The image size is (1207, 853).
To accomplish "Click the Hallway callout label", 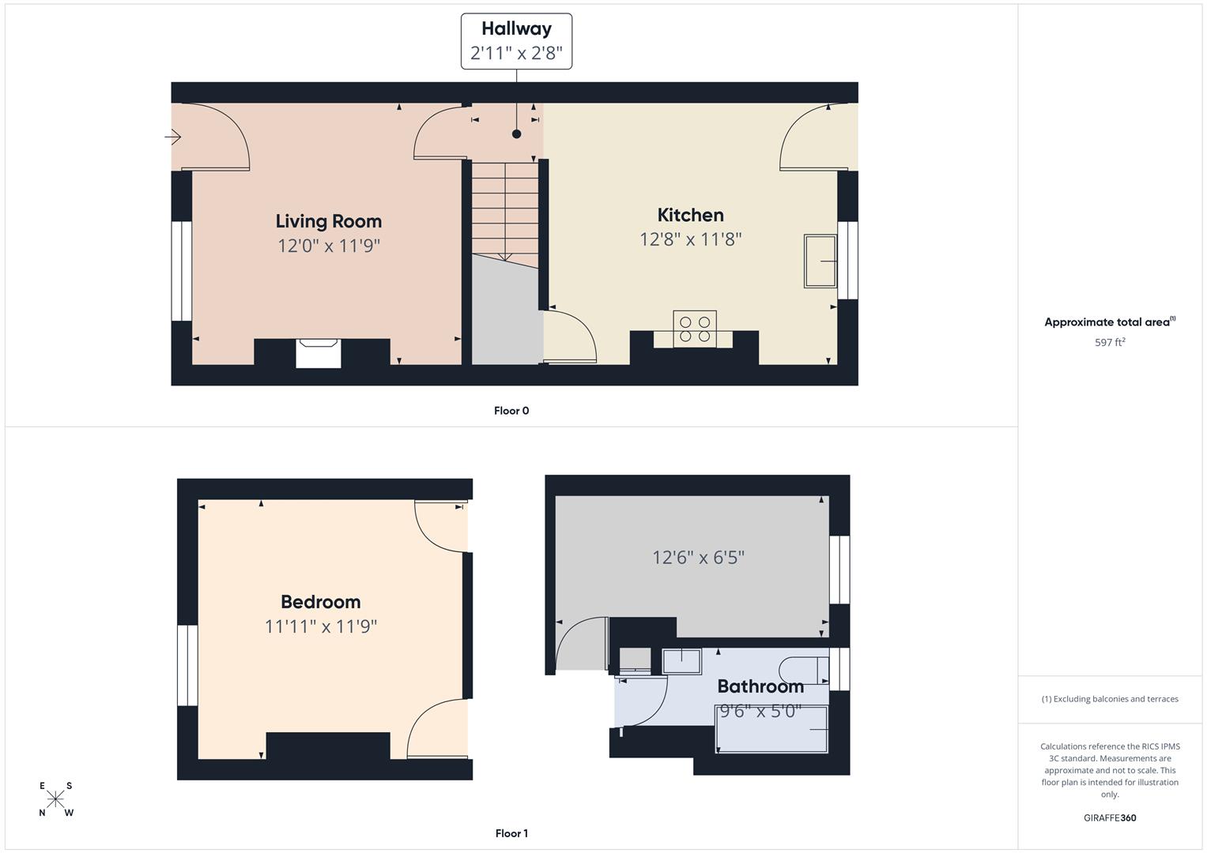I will (x=516, y=41).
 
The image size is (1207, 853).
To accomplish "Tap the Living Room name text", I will (x=328, y=221).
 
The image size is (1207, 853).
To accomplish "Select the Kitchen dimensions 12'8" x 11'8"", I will (x=690, y=239).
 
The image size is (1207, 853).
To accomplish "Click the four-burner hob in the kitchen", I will (x=695, y=329).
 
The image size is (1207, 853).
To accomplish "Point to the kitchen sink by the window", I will (x=820, y=261).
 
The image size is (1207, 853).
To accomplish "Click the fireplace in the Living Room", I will (x=318, y=352).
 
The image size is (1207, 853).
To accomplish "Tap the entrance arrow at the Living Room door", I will (x=173, y=137).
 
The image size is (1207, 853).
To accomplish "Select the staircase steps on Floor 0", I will (x=505, y=210).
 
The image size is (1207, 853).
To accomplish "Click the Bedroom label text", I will (x=320, y=602).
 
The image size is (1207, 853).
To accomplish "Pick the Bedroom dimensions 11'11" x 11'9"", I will (x=320, y=626).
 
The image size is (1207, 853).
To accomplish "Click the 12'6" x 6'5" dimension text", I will (x=698, y=558).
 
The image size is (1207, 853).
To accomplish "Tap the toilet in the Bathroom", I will (x=802, y=671).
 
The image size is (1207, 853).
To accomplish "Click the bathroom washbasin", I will (x=681, y=661).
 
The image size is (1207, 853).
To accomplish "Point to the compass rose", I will (x=55, y=799).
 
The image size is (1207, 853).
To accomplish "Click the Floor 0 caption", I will (x=511, y=411).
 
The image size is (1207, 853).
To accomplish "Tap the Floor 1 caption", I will (x=511, y=833).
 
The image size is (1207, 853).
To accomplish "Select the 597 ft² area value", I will (x=1109, y=342).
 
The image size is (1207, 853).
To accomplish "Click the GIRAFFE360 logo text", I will (x=1109, y=817).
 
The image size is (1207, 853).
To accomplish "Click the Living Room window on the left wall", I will (x=182, y=271).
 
